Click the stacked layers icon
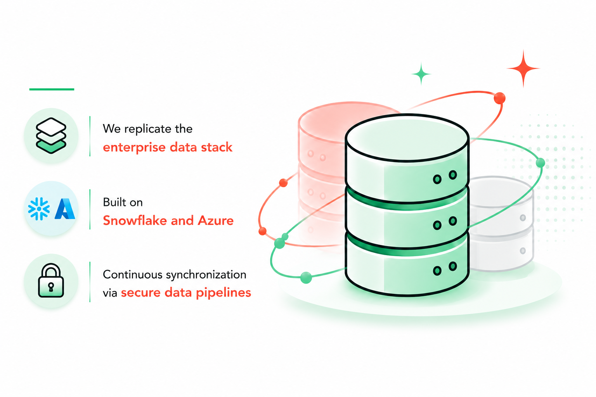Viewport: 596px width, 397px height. tap(51, 136)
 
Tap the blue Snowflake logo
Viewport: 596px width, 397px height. tap(39, 209)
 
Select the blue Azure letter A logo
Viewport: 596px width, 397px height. tap(65, 209)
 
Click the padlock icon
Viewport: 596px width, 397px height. tap(51, 280)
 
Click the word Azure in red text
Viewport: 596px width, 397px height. tap(215, 221)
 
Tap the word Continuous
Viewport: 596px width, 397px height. tap(132, 275)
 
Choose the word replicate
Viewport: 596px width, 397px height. tap(148, 129)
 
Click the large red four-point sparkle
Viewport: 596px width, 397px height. tap(523, 68)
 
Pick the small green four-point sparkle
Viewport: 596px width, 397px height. tap(421, 74)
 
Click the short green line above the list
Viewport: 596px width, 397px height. tap(52, 89)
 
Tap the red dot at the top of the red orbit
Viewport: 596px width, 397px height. tap(499, 98)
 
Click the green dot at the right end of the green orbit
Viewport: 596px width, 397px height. tap(540, 163)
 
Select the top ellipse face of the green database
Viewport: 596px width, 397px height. tap(407, 138)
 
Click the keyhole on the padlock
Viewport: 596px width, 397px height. tap(51, 287)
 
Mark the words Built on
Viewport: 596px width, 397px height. tap(123, 202)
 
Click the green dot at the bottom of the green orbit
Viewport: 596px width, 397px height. tap(306, 278)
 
